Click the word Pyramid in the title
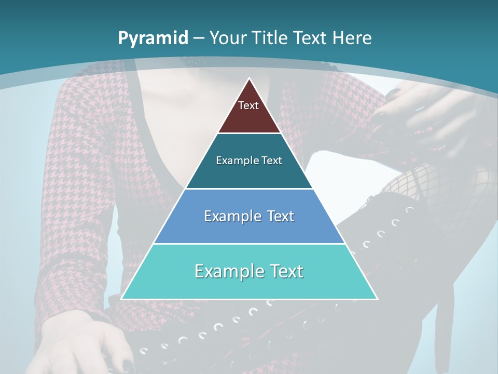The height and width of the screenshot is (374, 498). [x=153, y=38]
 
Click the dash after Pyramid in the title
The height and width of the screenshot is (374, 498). [x=199, y=38]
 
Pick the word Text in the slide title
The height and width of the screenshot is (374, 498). [x=311, y=38]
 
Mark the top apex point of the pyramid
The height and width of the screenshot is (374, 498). [x=249, y=78]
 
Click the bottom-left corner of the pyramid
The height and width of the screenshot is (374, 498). [x=121, y=299]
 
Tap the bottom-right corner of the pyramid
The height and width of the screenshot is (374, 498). [x=377, y=299]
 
